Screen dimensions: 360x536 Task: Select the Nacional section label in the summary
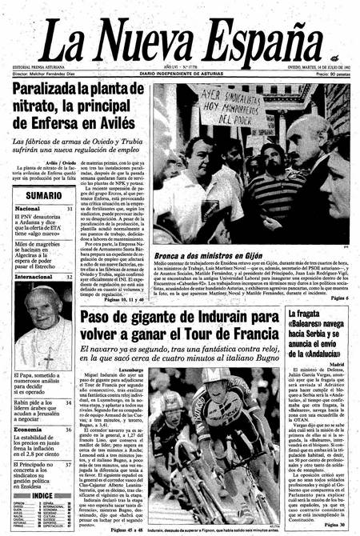point(29,210)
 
